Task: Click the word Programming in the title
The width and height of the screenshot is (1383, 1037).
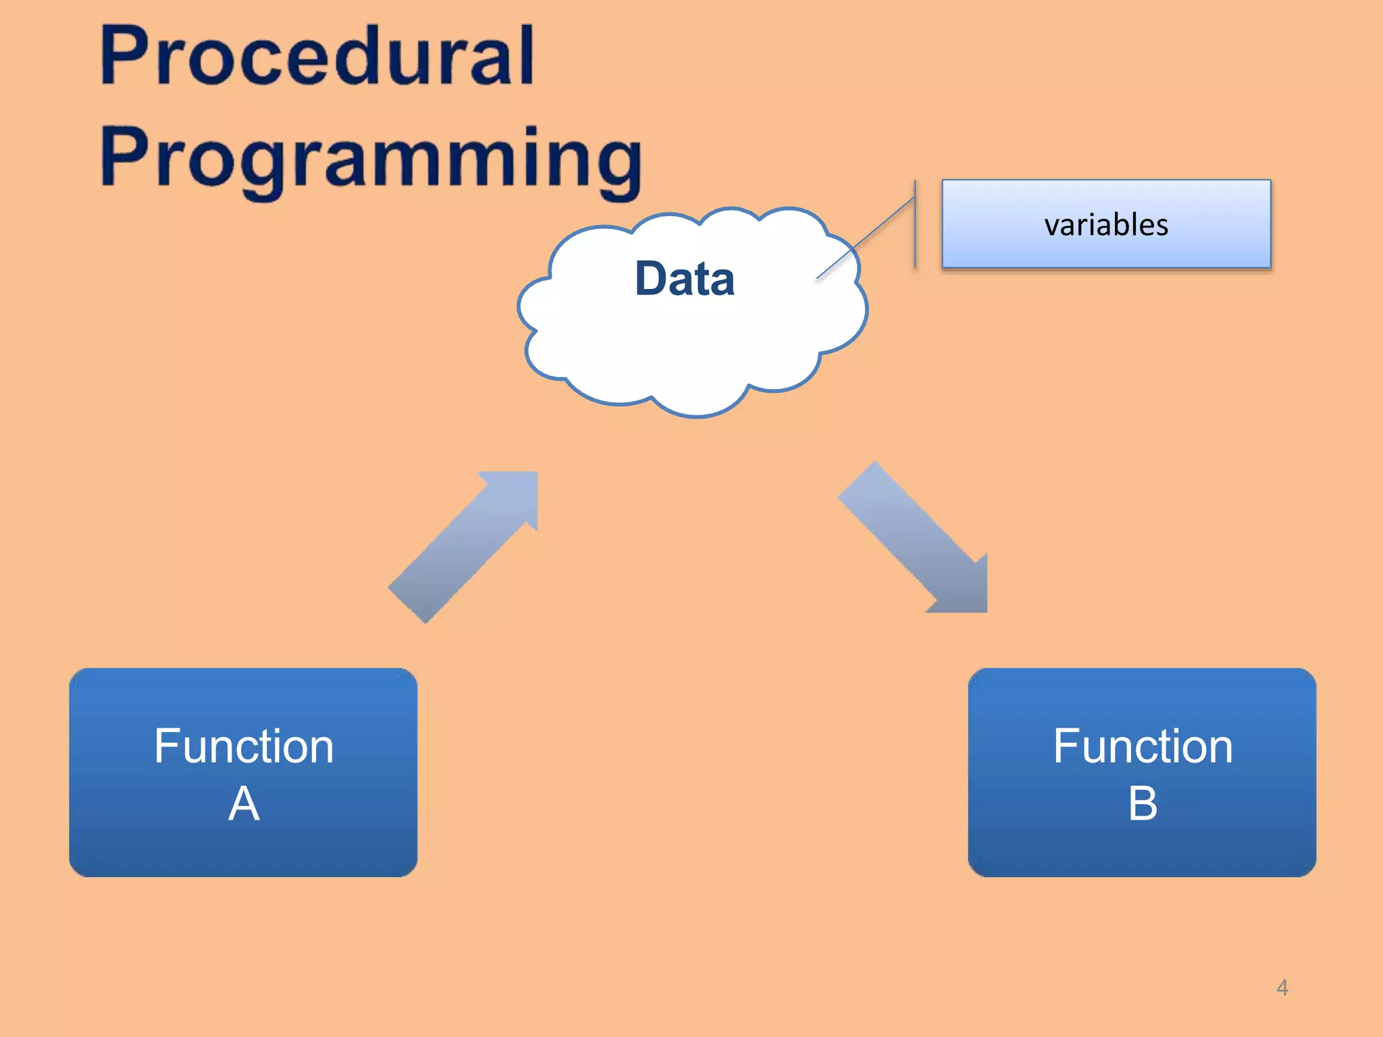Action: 371,159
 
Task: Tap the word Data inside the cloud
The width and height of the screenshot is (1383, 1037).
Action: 685,278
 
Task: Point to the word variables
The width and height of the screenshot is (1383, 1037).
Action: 1106,225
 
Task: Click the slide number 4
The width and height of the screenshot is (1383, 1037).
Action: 1282,988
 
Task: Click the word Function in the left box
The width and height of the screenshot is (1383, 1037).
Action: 244,746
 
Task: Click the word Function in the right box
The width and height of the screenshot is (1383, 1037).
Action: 1143,746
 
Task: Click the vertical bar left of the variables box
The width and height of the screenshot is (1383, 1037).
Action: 915,223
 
